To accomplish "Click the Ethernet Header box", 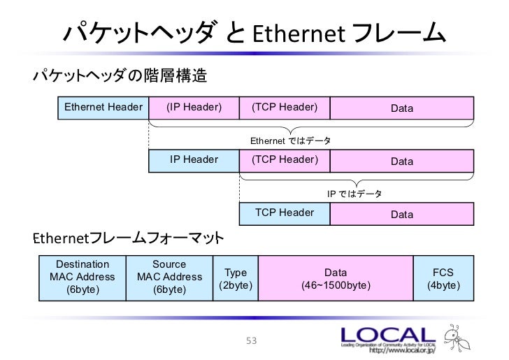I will pyautogui.click(x=103, y=108).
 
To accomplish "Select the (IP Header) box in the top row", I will pyautogui.click(x=194, y=108).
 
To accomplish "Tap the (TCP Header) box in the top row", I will pyautogui.click(x=285, y=108).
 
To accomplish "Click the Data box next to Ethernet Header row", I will pyautogui.click(x=402, y=108).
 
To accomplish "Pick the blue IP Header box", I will pyautogui.click(x=194, y=160).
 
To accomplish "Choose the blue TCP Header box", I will pyautogui.click(x=285, y=213).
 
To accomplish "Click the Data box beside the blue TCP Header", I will pyautogui.click(x=402, y=214).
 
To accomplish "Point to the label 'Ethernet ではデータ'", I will pyautogui.click(x=291, y=141).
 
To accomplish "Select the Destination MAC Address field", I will pyautogui.click(x=82, y=277).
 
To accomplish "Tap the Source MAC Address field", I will pyautogui.click(x=169, y=277).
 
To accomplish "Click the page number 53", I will pyautogui.click(x=252, y=341).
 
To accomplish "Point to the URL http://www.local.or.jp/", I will pyautogui.click(x=388, y=352).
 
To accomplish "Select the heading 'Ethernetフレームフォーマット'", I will pyautogui.click(x=129, y=239).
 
